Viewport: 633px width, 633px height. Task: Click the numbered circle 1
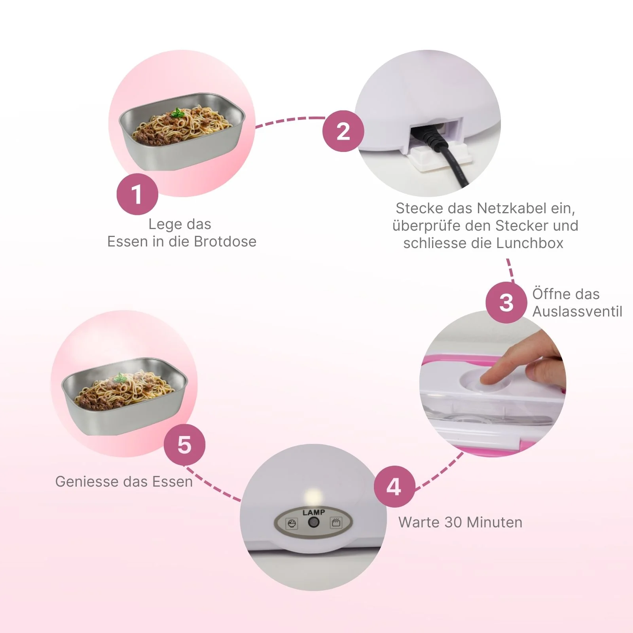coord(137,194)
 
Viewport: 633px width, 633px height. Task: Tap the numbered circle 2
coord(343,131)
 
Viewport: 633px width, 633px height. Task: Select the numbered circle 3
coord(506,303)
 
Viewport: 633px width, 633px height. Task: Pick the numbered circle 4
coord(394,487)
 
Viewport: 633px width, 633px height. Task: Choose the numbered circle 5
coord(184,445)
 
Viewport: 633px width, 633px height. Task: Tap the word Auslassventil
coord(577,311)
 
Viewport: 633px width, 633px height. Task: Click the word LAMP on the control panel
coord(314,512)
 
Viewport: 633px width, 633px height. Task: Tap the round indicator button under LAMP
coord(314,523)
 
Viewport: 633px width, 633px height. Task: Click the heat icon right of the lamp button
coord(336,523)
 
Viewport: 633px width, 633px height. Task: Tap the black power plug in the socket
coord(433,136)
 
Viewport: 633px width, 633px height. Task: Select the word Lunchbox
coord(530,243)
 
